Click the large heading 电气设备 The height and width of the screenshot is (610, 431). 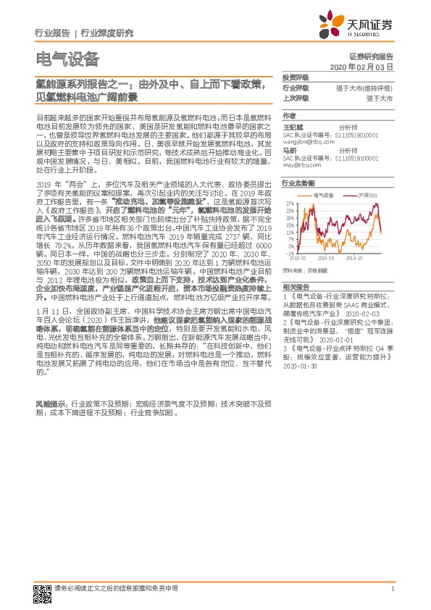click(67, 59)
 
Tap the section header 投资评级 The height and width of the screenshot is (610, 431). click(296, 78)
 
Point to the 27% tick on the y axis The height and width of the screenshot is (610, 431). click(289, 203)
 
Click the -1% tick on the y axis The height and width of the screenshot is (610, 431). click(289, 254)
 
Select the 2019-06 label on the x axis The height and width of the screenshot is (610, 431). click(327, 257)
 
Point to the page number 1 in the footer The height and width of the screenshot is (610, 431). click(391, 589)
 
